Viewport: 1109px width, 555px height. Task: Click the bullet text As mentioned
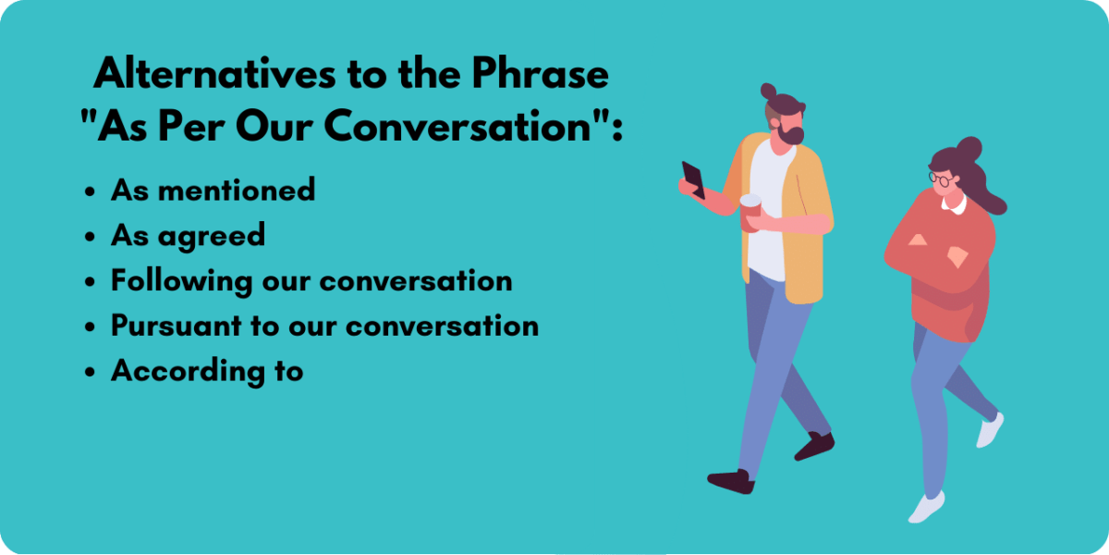pos(213,190)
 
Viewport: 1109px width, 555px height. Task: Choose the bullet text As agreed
pos(188,236)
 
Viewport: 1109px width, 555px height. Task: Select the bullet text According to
pos(207,371)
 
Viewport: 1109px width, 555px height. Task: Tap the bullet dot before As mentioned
pos(90,192)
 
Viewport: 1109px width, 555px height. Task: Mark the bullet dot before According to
pos(90,374)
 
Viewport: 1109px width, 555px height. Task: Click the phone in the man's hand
pos(693,179)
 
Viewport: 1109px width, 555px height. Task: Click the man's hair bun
pos(769,91)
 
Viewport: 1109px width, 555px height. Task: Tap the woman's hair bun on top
pos(968,148)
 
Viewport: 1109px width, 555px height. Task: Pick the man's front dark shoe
pos(730,480)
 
